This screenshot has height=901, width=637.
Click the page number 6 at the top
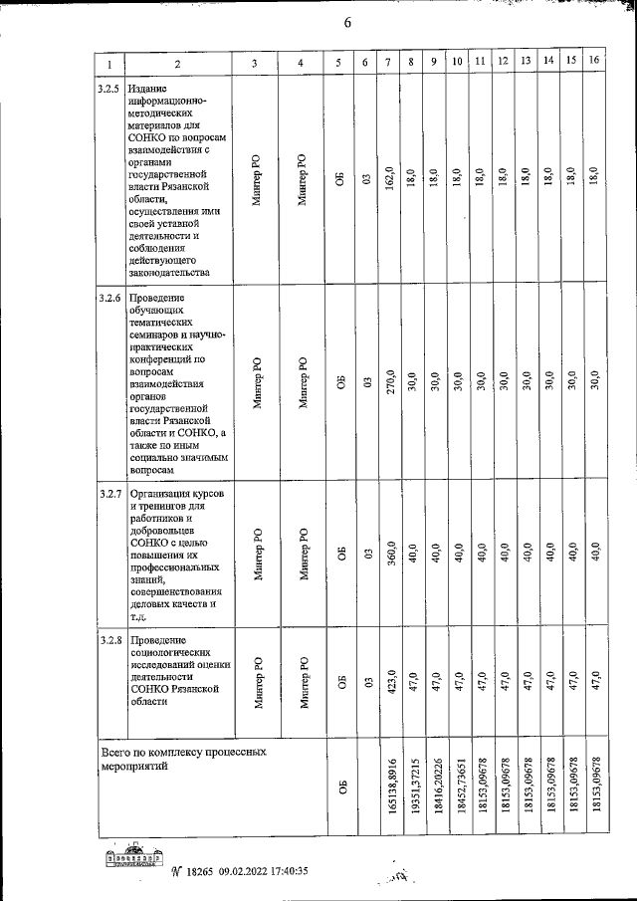tap(347, 23)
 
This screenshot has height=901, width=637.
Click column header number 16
tap(594, 62)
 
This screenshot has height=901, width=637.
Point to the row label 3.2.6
tap(108, 297)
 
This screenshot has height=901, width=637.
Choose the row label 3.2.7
tap(108, 495)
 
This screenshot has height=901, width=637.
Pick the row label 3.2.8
tap(108, 639)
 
